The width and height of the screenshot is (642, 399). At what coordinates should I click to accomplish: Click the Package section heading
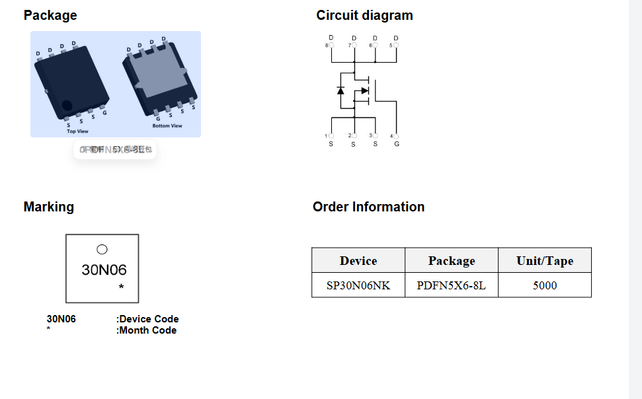pos(50,15)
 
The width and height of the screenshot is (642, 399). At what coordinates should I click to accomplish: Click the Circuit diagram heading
pos(364,15)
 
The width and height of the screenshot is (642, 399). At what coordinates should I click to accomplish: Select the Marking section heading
pos(49,207)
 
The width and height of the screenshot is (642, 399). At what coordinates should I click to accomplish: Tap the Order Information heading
pos(368,207)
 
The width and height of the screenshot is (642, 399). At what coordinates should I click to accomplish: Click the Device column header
pos(358,261)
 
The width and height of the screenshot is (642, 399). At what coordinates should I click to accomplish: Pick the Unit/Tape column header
pos(545,261)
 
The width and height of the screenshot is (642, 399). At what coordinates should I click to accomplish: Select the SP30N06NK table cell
pos(358,285)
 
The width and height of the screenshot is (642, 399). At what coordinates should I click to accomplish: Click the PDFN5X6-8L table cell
pos(452,285)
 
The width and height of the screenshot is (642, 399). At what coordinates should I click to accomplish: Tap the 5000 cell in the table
pos(545,285)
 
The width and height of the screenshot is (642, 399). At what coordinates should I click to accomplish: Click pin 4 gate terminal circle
pos(397,136)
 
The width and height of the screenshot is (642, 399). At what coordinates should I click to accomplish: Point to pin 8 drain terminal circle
pos(331,46)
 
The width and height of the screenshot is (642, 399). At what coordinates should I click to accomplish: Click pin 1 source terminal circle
pos(331,136)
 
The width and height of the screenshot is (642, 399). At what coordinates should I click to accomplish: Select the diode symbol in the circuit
pos(341,90)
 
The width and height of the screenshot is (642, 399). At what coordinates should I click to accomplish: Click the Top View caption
pos(77,131)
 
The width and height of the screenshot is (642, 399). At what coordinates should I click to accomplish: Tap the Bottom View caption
pos(167,126)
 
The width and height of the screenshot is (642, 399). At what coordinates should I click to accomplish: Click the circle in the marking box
pos(102,249)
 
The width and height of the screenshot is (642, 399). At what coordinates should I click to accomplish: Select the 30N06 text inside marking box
pos(104,270)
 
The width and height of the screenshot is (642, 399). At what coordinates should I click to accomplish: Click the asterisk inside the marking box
pos(122,287)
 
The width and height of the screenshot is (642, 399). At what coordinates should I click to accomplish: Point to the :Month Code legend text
pos(146,330)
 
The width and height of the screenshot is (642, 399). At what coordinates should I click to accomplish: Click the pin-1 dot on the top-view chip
pos(67,106)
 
